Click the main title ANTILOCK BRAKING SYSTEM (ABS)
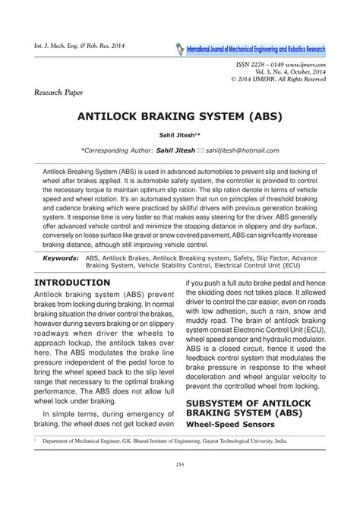[180, 119]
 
